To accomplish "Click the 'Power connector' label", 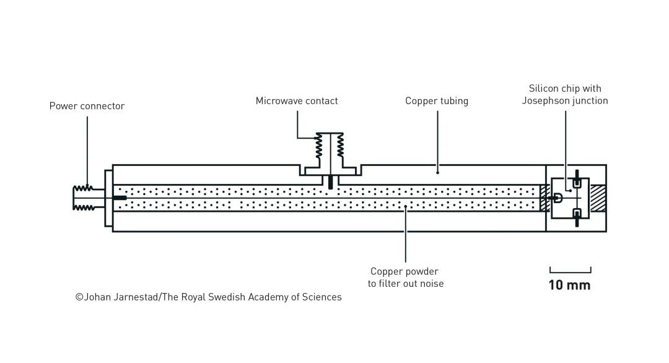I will [87, 106].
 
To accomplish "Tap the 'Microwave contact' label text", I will [297, 101].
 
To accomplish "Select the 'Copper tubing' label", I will [437, 101].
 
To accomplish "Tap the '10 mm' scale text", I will [569, 286].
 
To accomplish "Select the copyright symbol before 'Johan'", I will [79, 297].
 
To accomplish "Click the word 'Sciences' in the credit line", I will [322, 297].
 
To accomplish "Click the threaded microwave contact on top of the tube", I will [330, 148].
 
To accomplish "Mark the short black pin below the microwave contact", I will [330, 182].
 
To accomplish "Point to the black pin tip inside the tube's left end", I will [120, 198].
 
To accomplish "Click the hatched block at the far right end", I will [598, 198].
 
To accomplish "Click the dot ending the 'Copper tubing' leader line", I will [438, 172].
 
